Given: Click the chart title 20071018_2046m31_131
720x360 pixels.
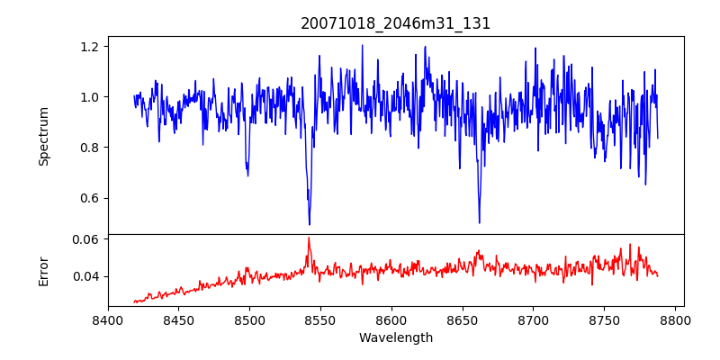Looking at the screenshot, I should click(x=396, y=23).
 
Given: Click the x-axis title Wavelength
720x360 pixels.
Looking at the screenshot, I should click(x=396, y=337).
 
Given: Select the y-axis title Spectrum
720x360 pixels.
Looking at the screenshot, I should click(x=43, y=136).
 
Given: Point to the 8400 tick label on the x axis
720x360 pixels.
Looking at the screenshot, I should click(x=108, y=319).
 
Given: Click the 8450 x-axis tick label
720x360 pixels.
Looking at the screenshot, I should click(x=178, y=319).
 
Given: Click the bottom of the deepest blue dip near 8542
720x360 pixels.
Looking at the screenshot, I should click(x=310, y=224).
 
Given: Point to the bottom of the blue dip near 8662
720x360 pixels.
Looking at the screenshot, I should click(x=479, y=222).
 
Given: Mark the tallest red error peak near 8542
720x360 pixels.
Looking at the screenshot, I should click(x=309, y=238).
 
